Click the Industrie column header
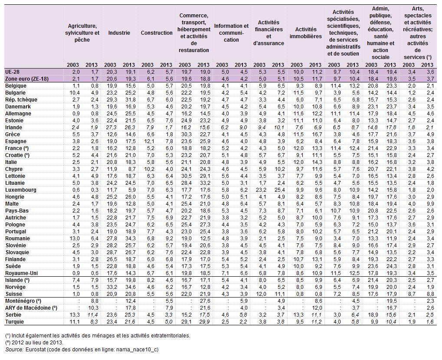(119, 33)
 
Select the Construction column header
(157, 33)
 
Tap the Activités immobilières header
(306, 33)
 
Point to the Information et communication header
(232, 33)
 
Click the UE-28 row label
(13, 72)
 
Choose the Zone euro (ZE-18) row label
(27, 79)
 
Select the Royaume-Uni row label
(21, 273)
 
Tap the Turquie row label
(14, 322)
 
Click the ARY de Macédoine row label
(31, 308)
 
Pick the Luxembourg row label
(20, 190)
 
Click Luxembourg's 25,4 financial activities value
(280, 190)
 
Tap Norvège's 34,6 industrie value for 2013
(131, 287)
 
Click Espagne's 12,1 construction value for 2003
(149, 141)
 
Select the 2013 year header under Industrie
(129, 65)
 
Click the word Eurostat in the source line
(35, 350)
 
